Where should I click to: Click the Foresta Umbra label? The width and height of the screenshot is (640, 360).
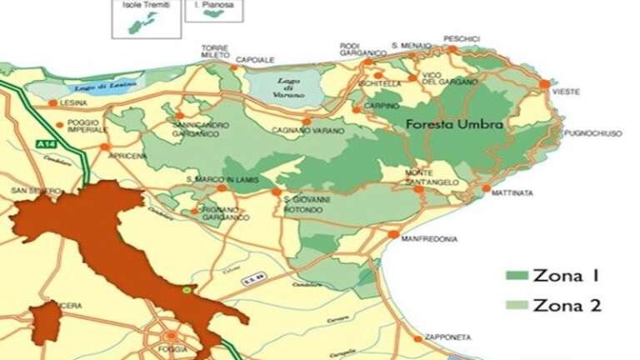pos(455,124)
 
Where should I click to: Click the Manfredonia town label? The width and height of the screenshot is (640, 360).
pos(429,239)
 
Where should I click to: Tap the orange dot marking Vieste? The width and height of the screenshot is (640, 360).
pos(544,84)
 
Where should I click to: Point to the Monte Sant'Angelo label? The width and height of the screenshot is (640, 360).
pos(430,177)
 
